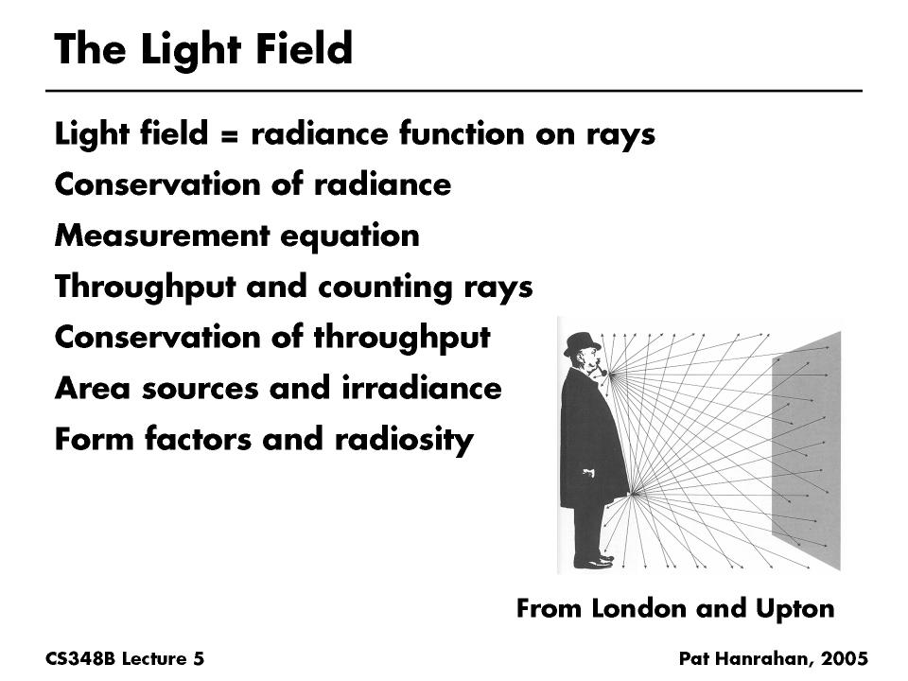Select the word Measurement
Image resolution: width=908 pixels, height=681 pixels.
click(152, 236)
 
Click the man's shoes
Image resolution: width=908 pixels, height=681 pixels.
click(594, 562)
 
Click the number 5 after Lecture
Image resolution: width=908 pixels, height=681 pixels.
click(199, 658)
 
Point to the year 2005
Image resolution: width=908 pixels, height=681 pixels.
click(845, 658)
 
